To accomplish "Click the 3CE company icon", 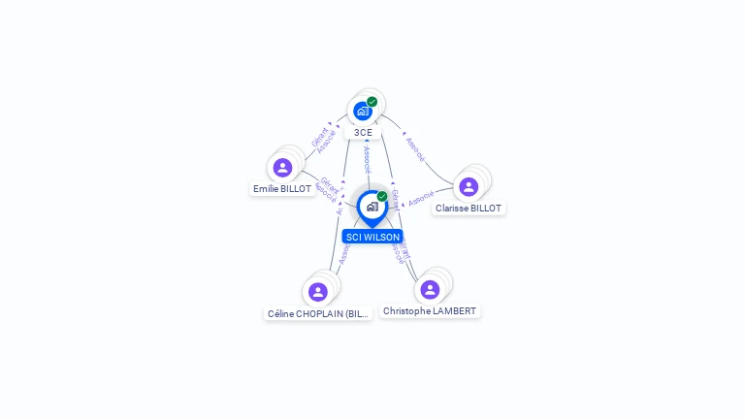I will pyautogui.click(x=363, y=111).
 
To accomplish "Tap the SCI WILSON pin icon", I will pyautogui.click(x=372, y=207).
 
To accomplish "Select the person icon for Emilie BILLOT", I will pyautogui.click(x=282, y=168).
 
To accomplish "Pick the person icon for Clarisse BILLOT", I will pyautogui.click(x=469, y=187).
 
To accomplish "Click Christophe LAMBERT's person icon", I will pyautogui.click(x=430, y=290).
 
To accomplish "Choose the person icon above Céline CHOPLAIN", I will pyautogui.click(x=317, y=292).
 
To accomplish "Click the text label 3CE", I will pyautogui.click(x=363, y=133).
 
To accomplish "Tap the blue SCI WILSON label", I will pyautogui.click(x=372, y=237).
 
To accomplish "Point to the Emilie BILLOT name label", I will pyautogui.click(x=282, y=189).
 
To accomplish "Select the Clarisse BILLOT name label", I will pyautogui.click(x=469, y=209).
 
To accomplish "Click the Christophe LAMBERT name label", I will pyautogui.click(x=430, y=311).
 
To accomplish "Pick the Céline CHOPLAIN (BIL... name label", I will pyautogui.click(x=318, y=314).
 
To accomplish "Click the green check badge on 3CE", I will pyautogui.click(x=372, y=102).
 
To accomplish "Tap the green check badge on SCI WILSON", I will pyautogui.click(x=382, y=197).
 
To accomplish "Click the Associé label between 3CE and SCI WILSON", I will pyautogui.click(x=366, y=159).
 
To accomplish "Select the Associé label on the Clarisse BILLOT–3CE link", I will pyautogui.click(x=415, y=148).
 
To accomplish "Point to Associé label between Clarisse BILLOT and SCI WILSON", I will pyautogui.click(x=421, y=199).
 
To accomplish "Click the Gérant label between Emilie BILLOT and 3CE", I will pyautogui.click(x=318, y=137).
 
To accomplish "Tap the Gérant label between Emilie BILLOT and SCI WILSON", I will pyautogui.click(x=329, y=181).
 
